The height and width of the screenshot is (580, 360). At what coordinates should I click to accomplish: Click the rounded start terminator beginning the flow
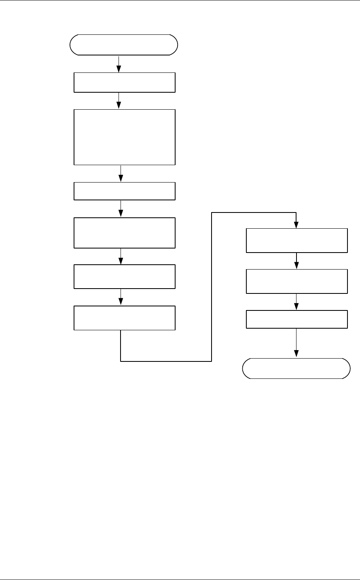click(x=124, y=45)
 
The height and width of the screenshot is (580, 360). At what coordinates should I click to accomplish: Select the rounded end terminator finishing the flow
click(x=296, y=368)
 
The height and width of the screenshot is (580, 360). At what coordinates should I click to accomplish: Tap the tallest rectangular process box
click(x=125, y=137)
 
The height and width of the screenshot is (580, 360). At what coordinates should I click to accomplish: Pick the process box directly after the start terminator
click(x=125, y=83)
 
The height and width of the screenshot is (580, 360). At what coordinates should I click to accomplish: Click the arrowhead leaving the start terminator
click(x=119, y=70)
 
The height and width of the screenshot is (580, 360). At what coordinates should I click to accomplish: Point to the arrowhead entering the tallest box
click(x=119, y=106)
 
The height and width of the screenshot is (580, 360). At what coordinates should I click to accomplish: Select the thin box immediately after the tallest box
click(x=125, y=191)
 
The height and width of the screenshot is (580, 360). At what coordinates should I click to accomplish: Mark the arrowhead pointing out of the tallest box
click(x=121, y=179)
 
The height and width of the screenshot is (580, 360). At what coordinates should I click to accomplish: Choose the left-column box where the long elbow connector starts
click(x=125, y=318)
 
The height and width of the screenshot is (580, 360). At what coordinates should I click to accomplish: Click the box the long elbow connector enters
click(x=297, y=241)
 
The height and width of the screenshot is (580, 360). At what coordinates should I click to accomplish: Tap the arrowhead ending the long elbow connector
click(x=296, y=225)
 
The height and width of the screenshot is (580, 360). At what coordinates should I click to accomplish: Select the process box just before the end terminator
click(x=297, y=319)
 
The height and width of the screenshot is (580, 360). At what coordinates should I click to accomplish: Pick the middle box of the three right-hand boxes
click(x=297, y=281)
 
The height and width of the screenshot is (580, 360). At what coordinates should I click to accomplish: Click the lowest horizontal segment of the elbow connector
click(x=166, y=361)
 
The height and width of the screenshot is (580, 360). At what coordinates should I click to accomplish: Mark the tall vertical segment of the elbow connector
click(x=212, y=287)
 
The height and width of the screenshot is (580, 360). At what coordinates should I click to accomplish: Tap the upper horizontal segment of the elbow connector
click(x=254, y=212)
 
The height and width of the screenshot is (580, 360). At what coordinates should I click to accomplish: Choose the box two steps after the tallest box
click(x=125, y=233)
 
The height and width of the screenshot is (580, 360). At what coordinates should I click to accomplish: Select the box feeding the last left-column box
click(x=125, y=276)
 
